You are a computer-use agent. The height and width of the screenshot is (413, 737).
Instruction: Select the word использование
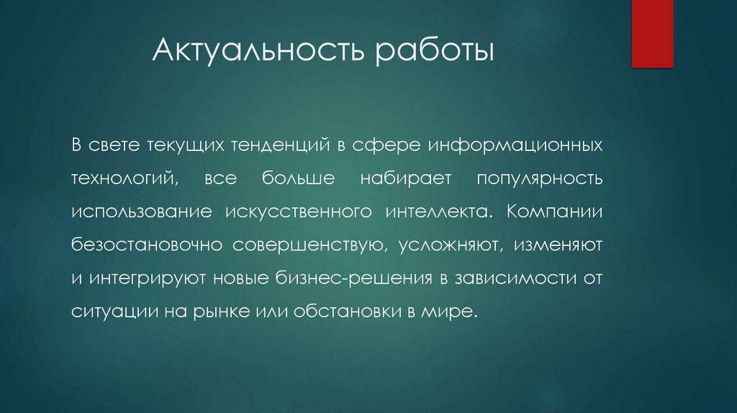(x=142, y=212)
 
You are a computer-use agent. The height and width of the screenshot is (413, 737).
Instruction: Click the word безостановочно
(x=148, y=245)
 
